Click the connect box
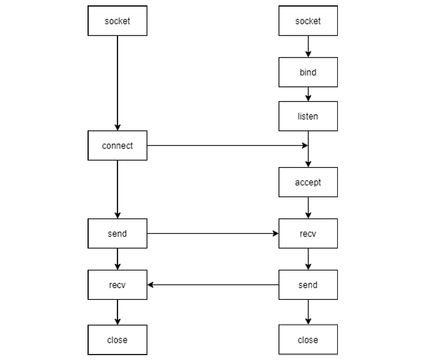pos(117,146)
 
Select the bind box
pos(308,72)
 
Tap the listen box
pos(308,116)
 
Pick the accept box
pos(308,182)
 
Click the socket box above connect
pos(117,21)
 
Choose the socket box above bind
pos(308,21)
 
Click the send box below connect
pos(117,233)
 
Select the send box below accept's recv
pos(308,285)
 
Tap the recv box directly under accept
pos(308,233)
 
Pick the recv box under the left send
pos(117,285)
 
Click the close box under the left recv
pos(117,339)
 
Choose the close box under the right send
pos(308,339)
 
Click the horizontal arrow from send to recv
pos(213,233)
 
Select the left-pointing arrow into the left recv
pos(213,285)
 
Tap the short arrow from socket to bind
pos(308,46)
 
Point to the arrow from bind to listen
pos(308,94)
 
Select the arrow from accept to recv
pos(308,208)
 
